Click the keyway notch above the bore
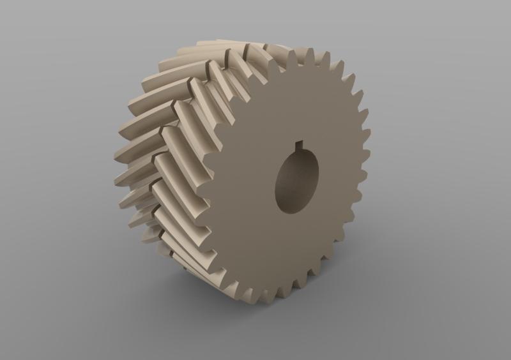297,146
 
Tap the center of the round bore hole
297,181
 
